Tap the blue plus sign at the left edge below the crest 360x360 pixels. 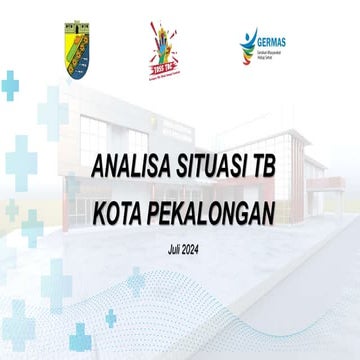pos(9,87)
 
